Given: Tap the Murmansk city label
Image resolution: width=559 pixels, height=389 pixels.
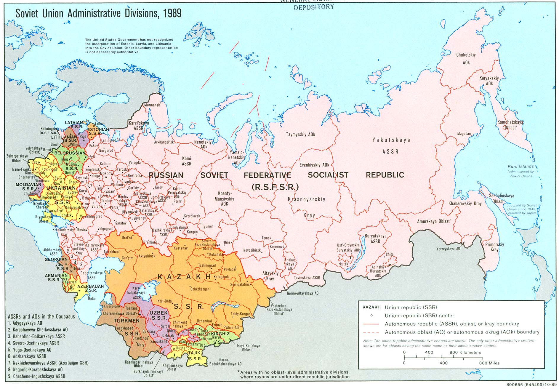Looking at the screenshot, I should pos(152,105).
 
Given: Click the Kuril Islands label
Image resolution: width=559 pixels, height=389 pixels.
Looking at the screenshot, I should pos(520,167).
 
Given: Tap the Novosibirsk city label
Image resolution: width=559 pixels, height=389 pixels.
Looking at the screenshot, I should pos(252,250).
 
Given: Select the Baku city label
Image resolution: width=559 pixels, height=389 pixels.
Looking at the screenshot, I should pos(92,299).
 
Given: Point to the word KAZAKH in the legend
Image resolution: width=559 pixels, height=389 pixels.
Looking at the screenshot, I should pos(372,307).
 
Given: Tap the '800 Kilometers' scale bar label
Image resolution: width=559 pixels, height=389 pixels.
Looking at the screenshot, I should pos(465,352).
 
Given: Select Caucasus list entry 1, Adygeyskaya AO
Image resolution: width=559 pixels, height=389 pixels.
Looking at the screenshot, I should pos(29,323).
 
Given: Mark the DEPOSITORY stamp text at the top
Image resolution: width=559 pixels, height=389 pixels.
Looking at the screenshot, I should pos(314,7).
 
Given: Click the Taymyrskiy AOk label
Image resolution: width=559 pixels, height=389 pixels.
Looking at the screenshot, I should pos(300,134).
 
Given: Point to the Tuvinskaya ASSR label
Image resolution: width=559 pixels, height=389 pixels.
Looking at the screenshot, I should pos(307,278).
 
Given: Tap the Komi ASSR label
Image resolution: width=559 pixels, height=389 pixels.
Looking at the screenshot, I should pos(186,161).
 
